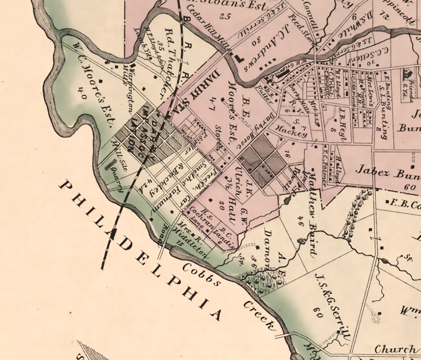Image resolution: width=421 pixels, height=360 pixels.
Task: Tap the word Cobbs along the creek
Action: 201,275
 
